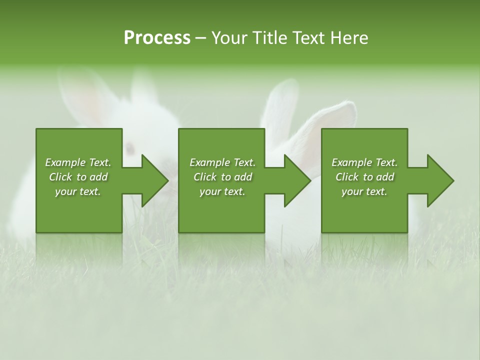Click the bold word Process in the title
click(x=157, y=38)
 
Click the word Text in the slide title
click(x=308, y=38)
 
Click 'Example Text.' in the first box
click(x=78, y=162)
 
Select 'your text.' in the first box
click(x=78, y=191)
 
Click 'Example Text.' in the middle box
click(x=222, y=162)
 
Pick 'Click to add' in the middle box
click(x=222, y=177)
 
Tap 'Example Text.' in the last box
click(x=364, y=162)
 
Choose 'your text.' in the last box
click(x=364, y=191)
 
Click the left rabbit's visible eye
click(x=130, y=148)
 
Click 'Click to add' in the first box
click(x=78, y=177)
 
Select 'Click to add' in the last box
click(x=364, y=177)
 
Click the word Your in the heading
click(x=229, y=38)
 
